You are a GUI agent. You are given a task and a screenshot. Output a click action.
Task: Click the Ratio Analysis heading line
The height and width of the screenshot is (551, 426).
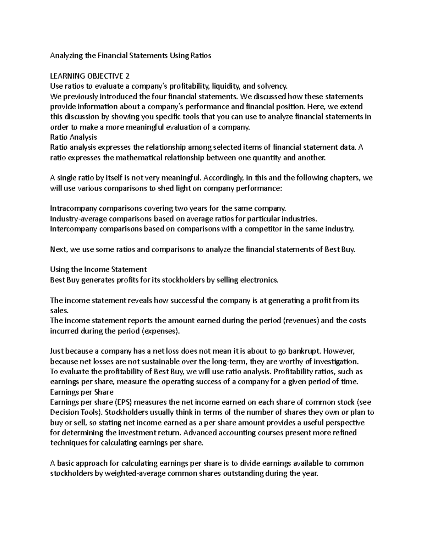click(x=73, y=137)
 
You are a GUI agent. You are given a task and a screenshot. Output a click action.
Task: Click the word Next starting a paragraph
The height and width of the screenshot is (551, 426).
click(x=58, y=249)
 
